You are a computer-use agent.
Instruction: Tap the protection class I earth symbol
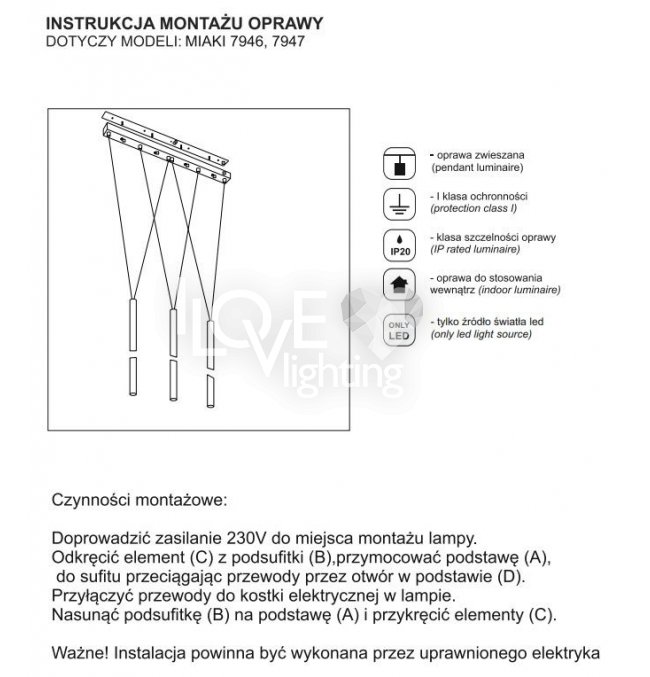tap(400, 203)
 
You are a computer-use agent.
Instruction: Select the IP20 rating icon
tap(400, 244)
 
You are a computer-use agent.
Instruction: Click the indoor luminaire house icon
tap(400, 286)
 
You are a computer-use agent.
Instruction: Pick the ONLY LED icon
tap(400, 329)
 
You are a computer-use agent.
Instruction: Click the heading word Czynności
tap(93, 498)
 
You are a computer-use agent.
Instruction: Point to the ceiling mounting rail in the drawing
tap(170, 147)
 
